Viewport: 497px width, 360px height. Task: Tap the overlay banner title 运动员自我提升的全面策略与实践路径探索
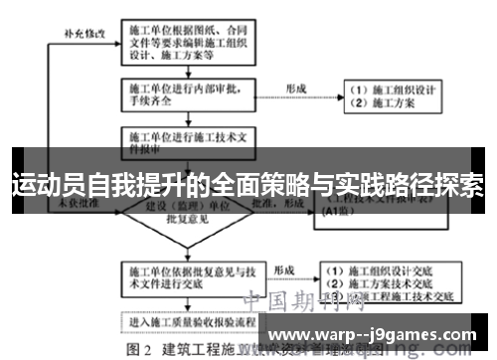tap(248, 185)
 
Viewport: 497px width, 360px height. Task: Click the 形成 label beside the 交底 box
tap(283, 269)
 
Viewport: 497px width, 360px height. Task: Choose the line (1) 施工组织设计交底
tap(388, 270)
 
